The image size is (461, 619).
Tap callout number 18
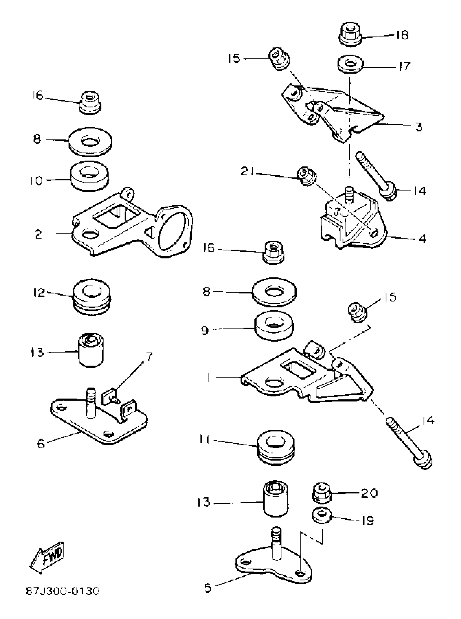point(402,35)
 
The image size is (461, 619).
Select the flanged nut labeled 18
point(350,35)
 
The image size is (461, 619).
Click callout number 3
point(419,127)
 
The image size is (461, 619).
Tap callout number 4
point(422,239)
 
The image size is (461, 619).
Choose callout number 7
point(150,357)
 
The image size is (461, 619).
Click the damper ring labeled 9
point(274,326)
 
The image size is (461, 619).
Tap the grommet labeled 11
point(276,448)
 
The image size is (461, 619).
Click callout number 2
point(39,234)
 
